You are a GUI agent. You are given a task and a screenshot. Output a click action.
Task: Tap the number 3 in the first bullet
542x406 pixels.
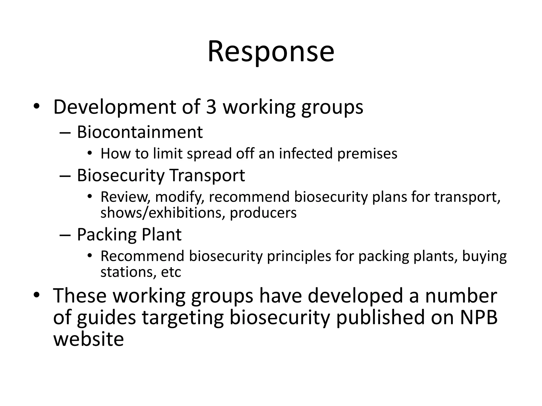pos(211,107)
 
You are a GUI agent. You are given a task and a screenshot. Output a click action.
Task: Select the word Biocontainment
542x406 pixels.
pos(140,132)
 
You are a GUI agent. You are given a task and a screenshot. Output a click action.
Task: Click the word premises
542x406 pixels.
pos(367,154)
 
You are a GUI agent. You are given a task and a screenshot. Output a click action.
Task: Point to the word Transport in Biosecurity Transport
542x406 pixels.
pos(207,175)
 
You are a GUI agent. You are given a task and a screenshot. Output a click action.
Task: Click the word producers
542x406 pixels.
pos(263,213)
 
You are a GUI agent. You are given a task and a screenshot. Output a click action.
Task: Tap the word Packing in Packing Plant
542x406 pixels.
pos(107,234)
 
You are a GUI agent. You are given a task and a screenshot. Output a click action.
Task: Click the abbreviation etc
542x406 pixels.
pos(171,272)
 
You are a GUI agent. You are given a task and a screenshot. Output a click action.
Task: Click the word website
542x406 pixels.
pos(88,339)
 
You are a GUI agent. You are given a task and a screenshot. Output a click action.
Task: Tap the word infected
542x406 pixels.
pos(306,154)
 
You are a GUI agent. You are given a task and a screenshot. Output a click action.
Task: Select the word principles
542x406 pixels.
pos(299,256)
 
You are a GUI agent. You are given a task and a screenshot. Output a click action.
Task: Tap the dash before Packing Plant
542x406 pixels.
pos(65,235)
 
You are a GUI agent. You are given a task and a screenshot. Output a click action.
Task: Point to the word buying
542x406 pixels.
pos(484,257)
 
